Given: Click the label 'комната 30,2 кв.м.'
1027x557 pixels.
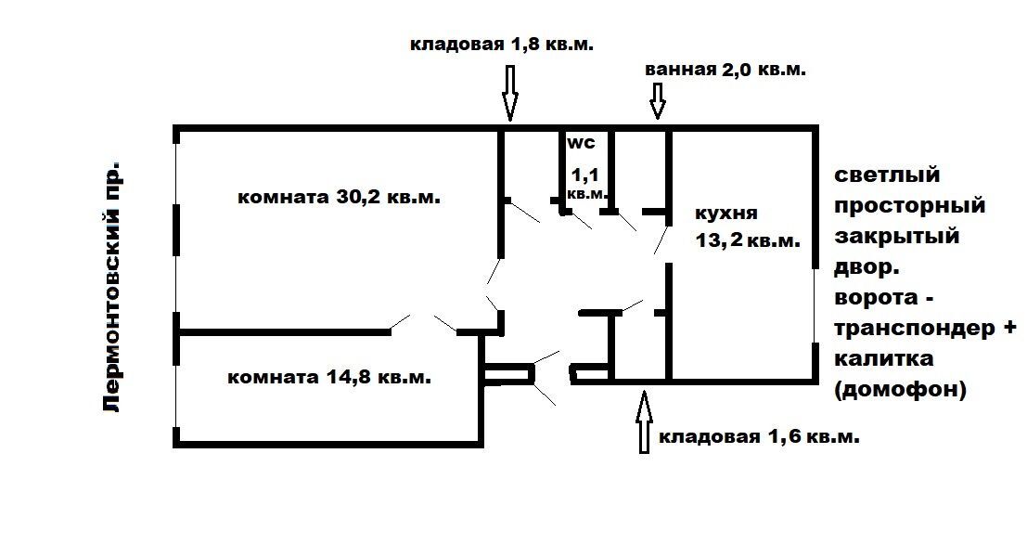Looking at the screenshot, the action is [339, 197].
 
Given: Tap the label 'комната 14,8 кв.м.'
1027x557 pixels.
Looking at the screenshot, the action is [329, 378].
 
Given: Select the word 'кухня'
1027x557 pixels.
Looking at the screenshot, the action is [725, 213].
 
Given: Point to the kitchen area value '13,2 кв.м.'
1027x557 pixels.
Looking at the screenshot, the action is [748, 240].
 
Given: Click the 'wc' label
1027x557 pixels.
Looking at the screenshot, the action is [581, 142].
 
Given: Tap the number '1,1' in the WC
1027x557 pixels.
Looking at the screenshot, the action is [584, 175].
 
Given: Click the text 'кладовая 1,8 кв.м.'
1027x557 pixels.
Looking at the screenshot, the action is [502, 44].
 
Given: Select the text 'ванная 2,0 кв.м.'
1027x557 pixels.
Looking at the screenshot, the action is [725, 70].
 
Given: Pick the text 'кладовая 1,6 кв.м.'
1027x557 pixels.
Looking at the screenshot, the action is [759, 436].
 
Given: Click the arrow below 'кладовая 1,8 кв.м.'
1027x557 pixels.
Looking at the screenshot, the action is [509, 93].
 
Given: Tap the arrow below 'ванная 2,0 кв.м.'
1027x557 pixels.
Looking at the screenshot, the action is [658, 101].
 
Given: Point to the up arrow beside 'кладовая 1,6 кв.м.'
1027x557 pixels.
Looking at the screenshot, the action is [644, 422].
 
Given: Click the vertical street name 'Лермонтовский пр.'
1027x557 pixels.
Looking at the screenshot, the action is [112, 286].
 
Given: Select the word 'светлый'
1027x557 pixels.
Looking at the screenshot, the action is [888, 175].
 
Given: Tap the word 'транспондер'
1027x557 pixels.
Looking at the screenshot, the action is [915, 328].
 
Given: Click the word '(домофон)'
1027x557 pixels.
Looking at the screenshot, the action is [901, 390].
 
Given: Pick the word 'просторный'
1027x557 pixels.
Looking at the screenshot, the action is [910, 206].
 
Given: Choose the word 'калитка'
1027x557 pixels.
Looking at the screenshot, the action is [883, 358].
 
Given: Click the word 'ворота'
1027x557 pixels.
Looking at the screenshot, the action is [876, 298].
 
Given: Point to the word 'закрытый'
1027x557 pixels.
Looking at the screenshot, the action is [897, 236].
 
